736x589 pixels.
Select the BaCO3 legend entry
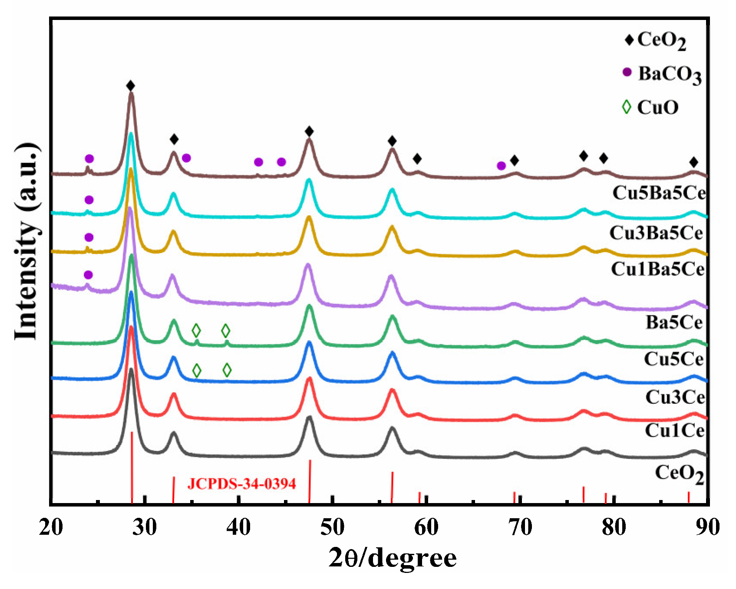click(662, 74)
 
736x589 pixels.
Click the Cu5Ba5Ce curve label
click(659, 193)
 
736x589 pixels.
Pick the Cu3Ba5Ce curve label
click(656, 233)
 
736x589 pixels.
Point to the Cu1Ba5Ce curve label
click(657, 270)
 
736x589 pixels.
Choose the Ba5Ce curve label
click(673, 322)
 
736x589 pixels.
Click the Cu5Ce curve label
click(673, 359)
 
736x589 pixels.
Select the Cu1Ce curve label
click(674, 431)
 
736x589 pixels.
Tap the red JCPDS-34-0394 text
click(241, 484)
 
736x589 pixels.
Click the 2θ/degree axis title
click(392, 558)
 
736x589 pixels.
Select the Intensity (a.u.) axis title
click(27, 241)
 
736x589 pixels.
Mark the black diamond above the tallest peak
click(130, 86)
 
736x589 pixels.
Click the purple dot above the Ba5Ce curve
click(88, 275)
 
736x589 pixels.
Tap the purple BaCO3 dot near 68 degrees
click(501, 165)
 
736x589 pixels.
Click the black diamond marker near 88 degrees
click(693, 162)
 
